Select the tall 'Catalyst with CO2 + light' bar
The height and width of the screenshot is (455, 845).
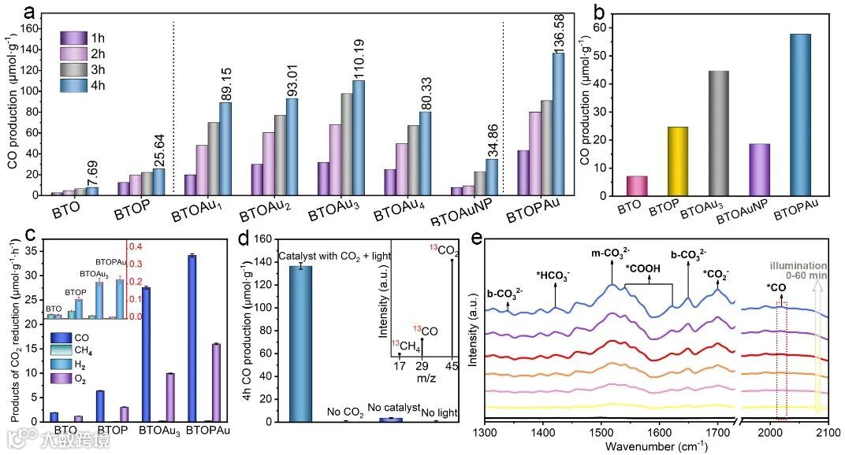pos(301,343)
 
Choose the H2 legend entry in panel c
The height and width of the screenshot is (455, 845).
pos(76,364)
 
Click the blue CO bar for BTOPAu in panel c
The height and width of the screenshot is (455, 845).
pos(192,338)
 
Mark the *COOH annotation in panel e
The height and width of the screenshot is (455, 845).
pos(643,269)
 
